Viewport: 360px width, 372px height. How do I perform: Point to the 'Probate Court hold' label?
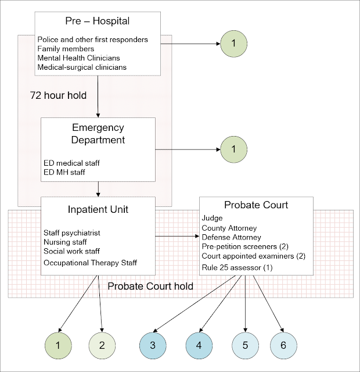pyautogui.click(x=151, y=287)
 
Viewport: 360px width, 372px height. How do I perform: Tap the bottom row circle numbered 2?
pyautogui.click(x=102, y=345)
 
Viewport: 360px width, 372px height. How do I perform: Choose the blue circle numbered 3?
pyautogui.click(x=152, y=345)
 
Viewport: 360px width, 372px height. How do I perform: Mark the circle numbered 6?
pyautogui.click(x=283, y=345)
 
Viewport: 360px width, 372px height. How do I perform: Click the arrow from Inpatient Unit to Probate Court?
pyautogui.click(x=177, y=237)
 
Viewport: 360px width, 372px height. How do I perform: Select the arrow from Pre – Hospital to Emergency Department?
pyautogui.click(x=98, y=96)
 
